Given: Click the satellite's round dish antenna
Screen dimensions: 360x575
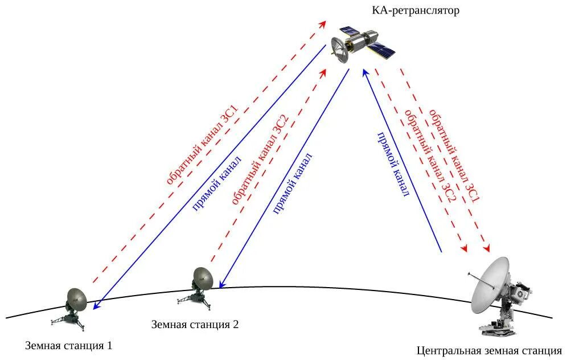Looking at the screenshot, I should tap(340, 50).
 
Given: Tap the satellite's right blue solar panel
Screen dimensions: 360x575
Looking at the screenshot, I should tap(381, 51).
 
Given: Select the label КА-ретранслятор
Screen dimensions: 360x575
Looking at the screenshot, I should tap(416, 11).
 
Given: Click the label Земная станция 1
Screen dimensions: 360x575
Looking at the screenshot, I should tap(69, 345).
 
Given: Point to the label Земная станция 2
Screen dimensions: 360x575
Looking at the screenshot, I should tap(195, 325).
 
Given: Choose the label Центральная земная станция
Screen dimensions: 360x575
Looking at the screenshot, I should tap(489, 350).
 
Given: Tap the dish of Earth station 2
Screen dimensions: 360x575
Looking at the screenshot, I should tap(203, 277).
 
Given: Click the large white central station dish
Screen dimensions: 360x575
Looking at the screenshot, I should tap(490, 285).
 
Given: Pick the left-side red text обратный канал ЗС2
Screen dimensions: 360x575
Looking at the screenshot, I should tap(261, 161).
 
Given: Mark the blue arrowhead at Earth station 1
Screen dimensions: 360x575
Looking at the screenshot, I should tap(96, 305).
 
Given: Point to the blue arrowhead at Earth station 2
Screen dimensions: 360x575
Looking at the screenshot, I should tap(223, 283).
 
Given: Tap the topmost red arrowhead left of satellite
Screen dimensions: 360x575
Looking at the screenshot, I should tap(323, 24).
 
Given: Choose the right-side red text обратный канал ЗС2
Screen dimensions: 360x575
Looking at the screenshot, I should tap(430, 157).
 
